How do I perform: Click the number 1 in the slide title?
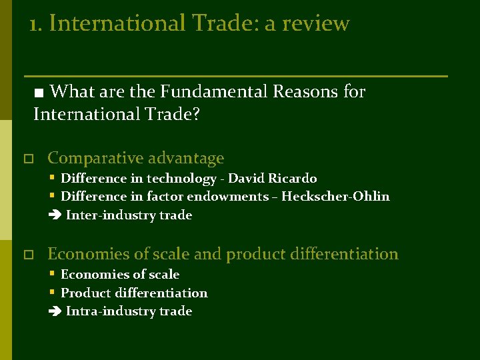coord(33,24)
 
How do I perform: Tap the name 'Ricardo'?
coord(293,179)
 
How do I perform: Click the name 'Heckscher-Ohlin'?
coord(335,197)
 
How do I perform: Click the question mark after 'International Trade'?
coord(196,115)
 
